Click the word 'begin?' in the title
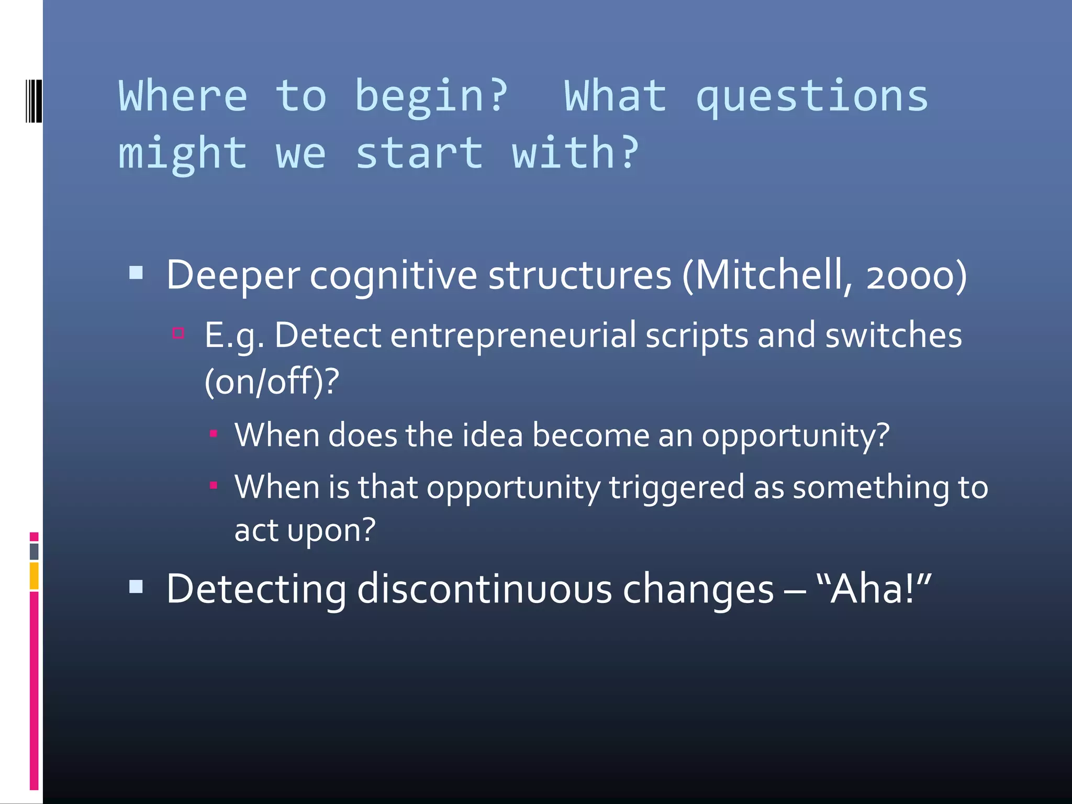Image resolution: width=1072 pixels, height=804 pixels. [431, 97]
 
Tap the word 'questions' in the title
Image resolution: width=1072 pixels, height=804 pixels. [812, 97]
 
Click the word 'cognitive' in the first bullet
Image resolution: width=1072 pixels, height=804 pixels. [393, 276]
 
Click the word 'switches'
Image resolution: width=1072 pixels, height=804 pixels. [893, 336]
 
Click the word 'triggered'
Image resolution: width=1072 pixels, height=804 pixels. [676, 487]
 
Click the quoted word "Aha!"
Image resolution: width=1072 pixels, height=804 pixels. [874, 589]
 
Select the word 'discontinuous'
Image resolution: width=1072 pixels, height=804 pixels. [484, 589]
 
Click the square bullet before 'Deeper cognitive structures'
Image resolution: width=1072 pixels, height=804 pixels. [136, 272]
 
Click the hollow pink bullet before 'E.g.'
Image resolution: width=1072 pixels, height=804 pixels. [178, 333]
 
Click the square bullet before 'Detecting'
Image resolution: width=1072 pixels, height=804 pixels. [136, 586]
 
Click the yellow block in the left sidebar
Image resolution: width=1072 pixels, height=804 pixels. [34, 575]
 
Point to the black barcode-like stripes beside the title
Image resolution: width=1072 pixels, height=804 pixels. [33, 100]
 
